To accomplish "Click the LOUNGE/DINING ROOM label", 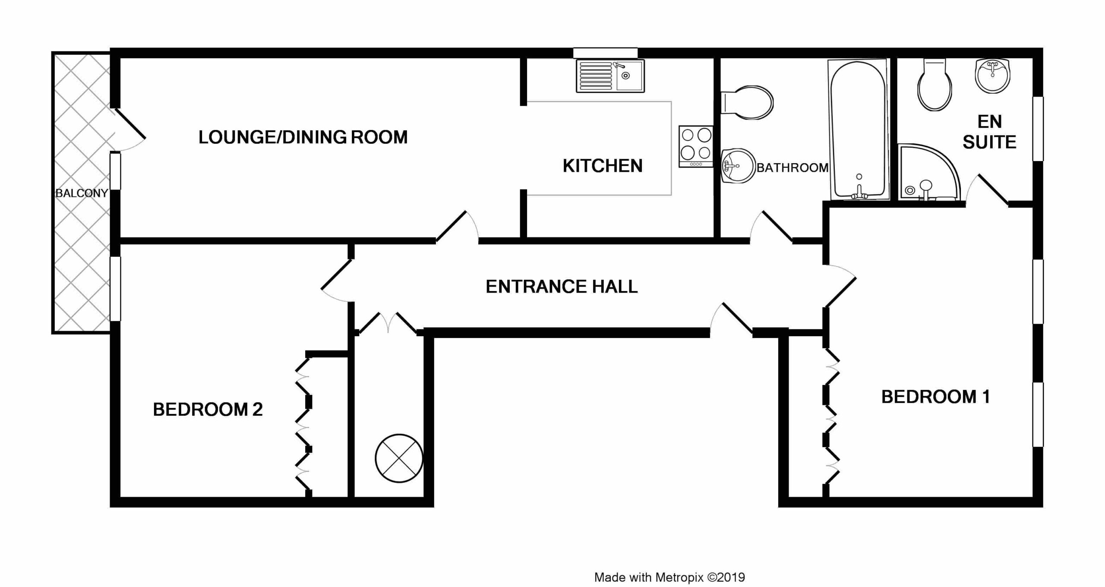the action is click(303, 137).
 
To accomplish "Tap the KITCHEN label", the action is click(603, 166).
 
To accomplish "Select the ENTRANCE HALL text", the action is click(562, 287).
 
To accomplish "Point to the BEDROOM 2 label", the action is click(208, 409).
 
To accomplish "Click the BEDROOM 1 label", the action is click(936, 397).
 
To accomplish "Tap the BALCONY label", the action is click(82, 193).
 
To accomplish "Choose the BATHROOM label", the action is click(792, 167).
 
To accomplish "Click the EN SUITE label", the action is click(989, 132).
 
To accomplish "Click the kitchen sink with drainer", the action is click(610, 76).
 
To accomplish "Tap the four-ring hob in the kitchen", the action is click(696, 146).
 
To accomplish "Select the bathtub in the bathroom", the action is click(858, 129).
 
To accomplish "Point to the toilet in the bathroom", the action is click(747, 102).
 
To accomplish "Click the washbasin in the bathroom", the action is click(739, 166).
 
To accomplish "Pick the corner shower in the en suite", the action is click(929, 172).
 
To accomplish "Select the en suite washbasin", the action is click(992, 76).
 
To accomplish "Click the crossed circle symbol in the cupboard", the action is click(399, 458).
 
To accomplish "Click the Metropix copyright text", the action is click(669, 577).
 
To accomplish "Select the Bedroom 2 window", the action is click(115, 289).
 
